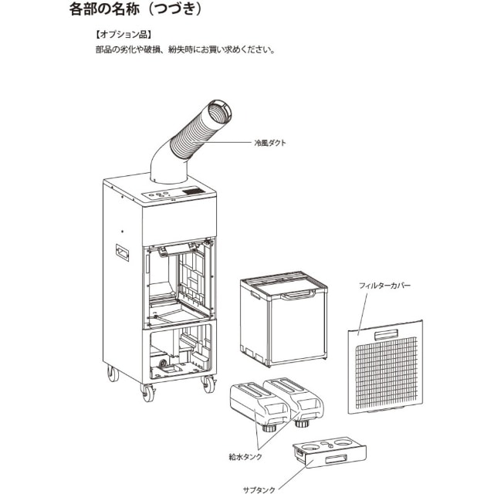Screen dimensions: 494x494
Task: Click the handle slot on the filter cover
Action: [386, 334]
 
